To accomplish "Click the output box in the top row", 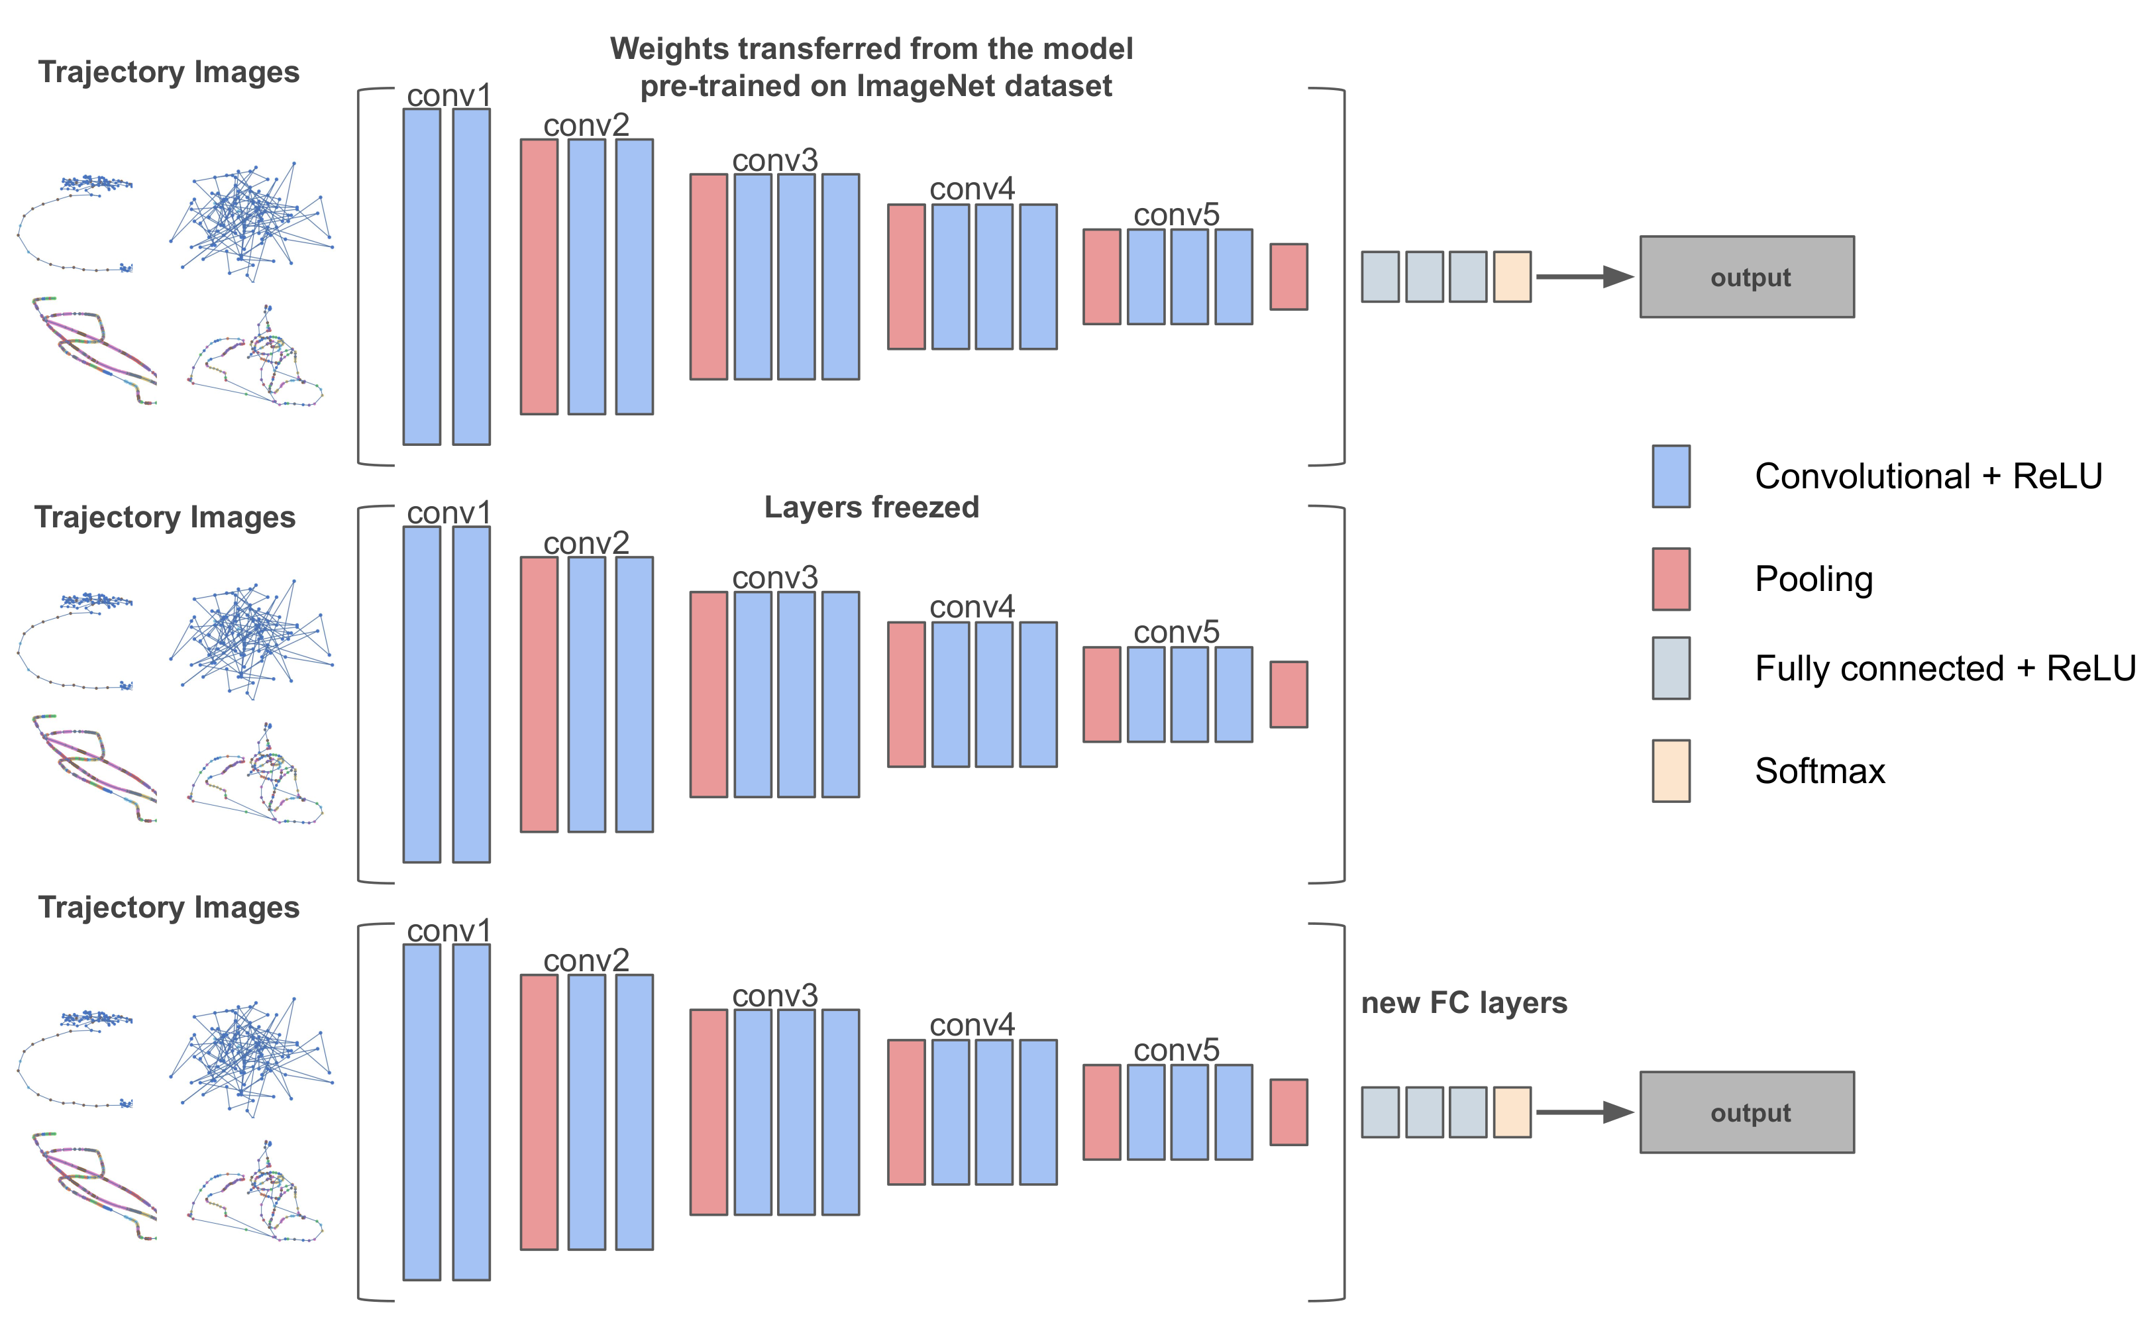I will [1746, 277].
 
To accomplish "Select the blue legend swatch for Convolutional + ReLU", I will [1670, 476].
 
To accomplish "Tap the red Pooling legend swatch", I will [1670, 579].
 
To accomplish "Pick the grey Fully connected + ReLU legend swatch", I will [1670, 668].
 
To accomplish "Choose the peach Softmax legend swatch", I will [1670, 771].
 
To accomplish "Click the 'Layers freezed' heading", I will [870, 507].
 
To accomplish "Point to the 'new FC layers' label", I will [1464, 1003].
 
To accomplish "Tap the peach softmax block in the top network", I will [1511, 277].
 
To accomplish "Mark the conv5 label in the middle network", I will [1176, 632].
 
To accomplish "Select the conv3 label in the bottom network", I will [775, 996].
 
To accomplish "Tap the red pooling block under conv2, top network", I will [539, 277].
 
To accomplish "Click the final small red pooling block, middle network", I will [1288, 694].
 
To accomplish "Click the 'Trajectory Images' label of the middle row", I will [165, 517].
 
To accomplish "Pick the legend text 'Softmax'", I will [1820, 771].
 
